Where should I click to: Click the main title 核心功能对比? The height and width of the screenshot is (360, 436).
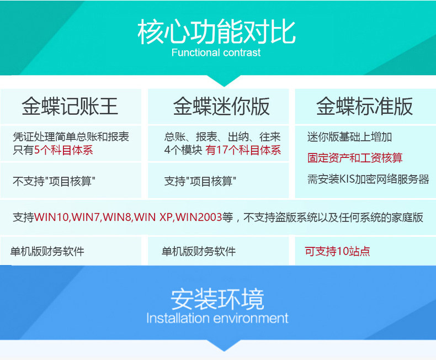[x=216, y=32]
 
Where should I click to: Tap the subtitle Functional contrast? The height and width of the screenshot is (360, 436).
[x=216, y=52]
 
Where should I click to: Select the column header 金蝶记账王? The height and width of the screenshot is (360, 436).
[x=70, y=106]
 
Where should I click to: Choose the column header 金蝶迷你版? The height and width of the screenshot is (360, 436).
[x=221, y=106]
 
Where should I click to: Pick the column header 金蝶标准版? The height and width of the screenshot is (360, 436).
[x=364, y=106]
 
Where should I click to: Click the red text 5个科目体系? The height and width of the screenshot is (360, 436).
[x=63, y=150]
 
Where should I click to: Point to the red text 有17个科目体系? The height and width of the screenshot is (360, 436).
[x=243, y=150]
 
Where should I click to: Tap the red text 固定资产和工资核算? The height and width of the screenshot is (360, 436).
[x=355, y=158]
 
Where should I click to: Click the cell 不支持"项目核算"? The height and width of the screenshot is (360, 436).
[x=54, y=182]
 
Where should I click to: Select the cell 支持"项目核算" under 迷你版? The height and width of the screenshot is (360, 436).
[x=200, y=182]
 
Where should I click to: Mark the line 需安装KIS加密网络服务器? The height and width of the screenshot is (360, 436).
[x=368, y=179]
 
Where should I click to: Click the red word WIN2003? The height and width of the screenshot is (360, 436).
[x=199, y=217]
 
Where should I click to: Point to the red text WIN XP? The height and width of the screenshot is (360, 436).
[x=153, y=217]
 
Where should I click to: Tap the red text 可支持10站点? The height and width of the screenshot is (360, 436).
[x=337, y=251]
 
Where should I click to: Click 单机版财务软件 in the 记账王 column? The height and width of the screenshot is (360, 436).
[x=47, y=251]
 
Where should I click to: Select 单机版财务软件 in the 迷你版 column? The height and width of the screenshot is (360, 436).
[x=199, y=251]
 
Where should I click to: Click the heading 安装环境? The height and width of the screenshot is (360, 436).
[x=217, y=299]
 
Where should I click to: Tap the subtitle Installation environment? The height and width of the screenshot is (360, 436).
[x=217, y=318]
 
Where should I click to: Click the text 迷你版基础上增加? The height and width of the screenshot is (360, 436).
[x=349, y=137]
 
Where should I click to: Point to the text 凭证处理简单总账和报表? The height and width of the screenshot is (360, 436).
[x=71, y=137]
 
